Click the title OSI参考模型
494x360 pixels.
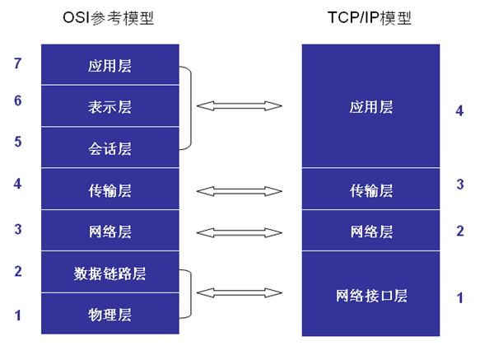(x=110, y=19)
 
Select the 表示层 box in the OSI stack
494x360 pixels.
(x=110, y=107)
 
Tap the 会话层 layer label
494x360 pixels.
(x=110, y=149)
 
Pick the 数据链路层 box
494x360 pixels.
(x=110, y=274)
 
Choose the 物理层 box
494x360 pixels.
(x=110, y=315)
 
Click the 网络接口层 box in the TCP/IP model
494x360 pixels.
(x=371, y=295)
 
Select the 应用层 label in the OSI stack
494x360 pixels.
(x=110, y=65)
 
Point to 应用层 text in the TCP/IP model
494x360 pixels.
(x=371, y=107)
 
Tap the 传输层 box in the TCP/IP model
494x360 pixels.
(x=371, y=190)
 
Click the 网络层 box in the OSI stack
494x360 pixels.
(x=110, y=231)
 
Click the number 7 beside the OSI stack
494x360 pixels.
(x=17, y=62)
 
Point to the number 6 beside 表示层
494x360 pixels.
(x=17, y=101)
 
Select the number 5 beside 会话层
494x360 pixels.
(x=17, y=141)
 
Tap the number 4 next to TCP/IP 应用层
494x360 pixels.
(x=459, y=110)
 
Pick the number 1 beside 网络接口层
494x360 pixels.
(x=459, y=297)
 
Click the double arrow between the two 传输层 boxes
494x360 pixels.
(x=240, y=191)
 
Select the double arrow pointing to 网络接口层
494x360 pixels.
(x=240, y=292)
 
